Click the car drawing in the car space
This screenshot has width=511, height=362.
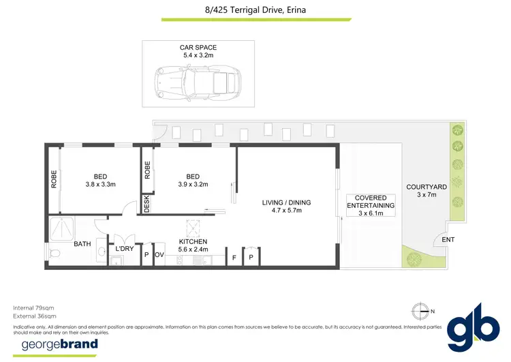tap(198, 80)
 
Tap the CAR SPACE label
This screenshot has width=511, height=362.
tap(198, 47)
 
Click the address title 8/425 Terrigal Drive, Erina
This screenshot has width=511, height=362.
tap(255, 10)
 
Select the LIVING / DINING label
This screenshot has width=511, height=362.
tap(286, 202)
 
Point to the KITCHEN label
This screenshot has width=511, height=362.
tap(193, 241)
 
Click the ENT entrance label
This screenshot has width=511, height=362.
tap(448, 240)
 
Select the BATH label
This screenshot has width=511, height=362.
tap(82, 243)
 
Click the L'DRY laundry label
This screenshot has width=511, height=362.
tap(125, 249)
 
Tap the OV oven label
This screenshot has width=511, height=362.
tap(159, 255)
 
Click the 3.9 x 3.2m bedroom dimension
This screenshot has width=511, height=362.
tap(193, 184)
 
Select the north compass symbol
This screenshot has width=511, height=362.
tap(423, 310)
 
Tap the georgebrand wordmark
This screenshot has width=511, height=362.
tap(60, 344)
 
